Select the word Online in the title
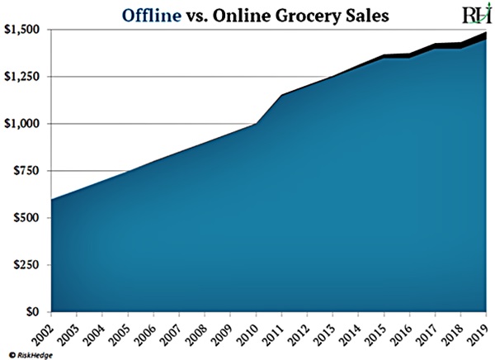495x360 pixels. pos(236,14)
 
